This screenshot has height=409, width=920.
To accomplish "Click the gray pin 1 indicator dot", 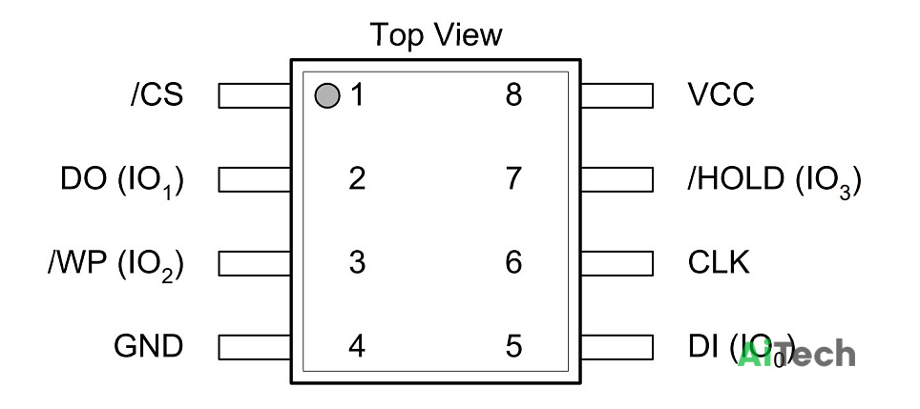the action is [x=326, y=96].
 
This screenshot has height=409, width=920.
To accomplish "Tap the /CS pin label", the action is [x=157, y=95].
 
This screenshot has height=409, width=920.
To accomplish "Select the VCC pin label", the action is [x=721, y=95].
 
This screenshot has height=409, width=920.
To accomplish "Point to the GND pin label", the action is [x=149, y=346].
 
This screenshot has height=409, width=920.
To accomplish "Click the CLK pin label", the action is [x=719, y=262].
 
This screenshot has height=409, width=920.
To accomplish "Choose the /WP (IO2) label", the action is [x=115, y=265].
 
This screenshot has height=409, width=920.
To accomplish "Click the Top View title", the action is [x=436, y=34].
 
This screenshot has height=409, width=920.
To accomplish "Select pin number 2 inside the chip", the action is [x=357, y=178].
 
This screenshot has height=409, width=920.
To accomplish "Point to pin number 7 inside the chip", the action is [x=513, y=178].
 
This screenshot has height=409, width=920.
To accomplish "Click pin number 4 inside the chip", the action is [x=357, y=346].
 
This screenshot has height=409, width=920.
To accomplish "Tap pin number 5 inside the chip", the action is [x=513, y=346].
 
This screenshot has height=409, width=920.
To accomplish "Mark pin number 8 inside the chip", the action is [x=513, y=95].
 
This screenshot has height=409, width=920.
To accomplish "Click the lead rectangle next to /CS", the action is [x=255, y=95].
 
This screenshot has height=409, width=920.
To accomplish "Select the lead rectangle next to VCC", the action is [x=617, y=95].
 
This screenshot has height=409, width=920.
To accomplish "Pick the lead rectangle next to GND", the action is [x=255, y=347].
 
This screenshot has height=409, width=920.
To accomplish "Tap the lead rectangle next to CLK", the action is [x=617, y=263].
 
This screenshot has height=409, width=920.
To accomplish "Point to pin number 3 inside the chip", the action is [x=357, y=262].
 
